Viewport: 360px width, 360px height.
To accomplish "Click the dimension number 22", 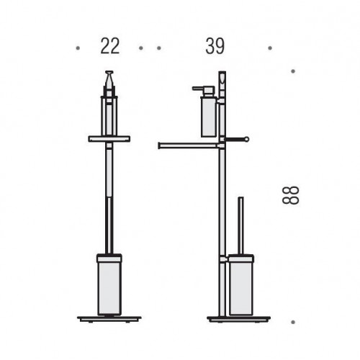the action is coord(110,46).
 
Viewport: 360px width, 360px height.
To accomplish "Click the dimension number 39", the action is coord(215,46).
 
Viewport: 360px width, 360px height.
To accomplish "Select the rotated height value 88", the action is coord(291,195).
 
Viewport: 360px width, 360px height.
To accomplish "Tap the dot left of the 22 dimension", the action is coord(78,48).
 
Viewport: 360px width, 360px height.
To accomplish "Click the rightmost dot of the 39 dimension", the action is coord(270,48).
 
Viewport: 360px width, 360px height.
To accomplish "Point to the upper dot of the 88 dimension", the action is coord(293,71).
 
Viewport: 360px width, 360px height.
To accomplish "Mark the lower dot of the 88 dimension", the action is coord(293,322).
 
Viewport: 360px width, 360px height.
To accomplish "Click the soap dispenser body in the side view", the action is coord(209,117).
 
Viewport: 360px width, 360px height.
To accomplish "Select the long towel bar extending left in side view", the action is coord(189,145).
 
